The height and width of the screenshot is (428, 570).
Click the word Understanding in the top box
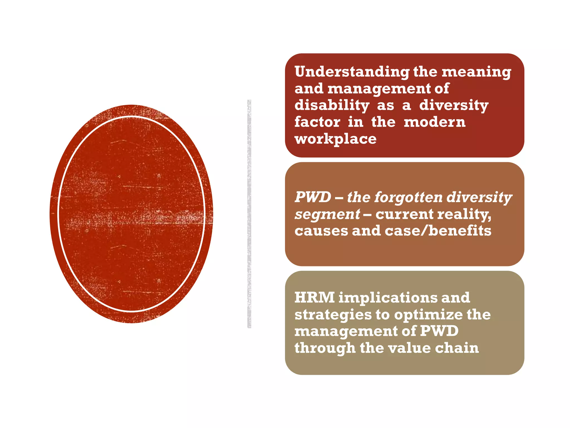tap(352, 72)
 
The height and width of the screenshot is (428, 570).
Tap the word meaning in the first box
tap(476, 72)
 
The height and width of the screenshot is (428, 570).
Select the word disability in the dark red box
tap(332, 105)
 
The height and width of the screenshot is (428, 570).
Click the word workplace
tap(335, 139)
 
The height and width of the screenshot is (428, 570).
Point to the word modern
tap(434, 122)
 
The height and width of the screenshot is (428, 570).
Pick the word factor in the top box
tap(317, 122)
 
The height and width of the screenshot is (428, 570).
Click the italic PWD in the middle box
tap(313, 197)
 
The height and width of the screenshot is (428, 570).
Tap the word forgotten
tap(409, 197)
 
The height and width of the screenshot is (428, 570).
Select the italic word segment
tap(327, 214)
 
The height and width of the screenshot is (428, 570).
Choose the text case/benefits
tap(438, 231)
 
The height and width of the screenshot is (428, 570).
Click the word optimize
tap(428, 314)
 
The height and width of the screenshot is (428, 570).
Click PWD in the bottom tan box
tap(439, 331)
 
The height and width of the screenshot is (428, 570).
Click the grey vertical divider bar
tap(249, 214)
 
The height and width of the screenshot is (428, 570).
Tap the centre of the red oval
tap(131, 214)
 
